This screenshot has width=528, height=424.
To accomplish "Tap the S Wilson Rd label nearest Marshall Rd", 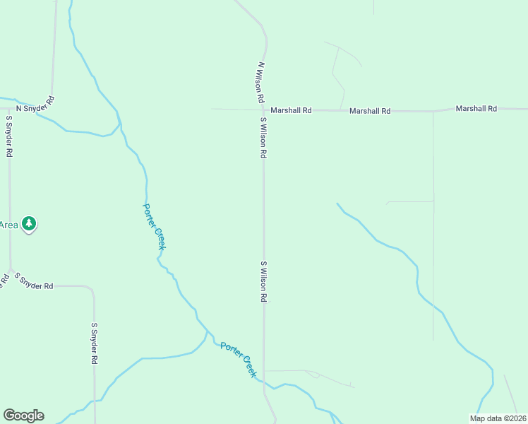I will (263, 137).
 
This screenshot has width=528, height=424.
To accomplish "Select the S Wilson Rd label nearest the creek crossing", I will (263, 282).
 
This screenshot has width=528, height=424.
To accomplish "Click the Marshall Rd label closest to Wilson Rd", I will (291, 110).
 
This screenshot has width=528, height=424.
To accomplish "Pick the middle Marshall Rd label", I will (370, 111).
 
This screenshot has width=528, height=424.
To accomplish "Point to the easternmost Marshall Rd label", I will (476, 109).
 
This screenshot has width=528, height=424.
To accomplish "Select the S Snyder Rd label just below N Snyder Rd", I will (9, 136).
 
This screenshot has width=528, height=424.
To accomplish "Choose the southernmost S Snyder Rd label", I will (94, 343).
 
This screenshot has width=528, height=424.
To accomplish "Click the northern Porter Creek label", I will (154, 227).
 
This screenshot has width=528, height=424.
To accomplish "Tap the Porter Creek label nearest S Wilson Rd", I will (239, 360).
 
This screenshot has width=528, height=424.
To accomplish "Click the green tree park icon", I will (29, 224).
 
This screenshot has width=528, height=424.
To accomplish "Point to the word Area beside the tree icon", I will (8, 225).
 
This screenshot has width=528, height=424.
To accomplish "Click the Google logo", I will (23, 416).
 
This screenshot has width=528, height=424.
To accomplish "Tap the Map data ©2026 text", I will (498, 418).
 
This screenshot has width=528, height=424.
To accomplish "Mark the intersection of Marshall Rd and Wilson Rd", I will (263, 110).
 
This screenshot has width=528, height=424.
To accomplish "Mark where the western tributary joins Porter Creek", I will (206, 331).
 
